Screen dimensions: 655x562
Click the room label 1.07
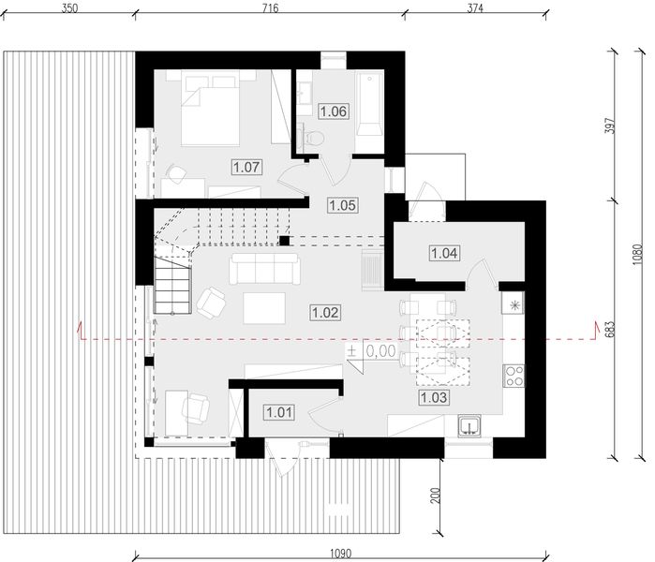246,168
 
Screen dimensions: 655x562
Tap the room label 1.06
334,111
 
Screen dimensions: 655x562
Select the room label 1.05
342,205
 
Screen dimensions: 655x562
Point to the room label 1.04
444,253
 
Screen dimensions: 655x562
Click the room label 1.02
325,312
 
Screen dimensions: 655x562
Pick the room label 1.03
434,397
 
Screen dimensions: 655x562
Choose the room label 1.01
279,412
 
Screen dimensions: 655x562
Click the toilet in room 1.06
312,138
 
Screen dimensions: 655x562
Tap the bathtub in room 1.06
369,104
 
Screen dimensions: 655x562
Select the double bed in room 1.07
211,108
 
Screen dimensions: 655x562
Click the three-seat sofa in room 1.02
264,269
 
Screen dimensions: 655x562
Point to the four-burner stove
514,376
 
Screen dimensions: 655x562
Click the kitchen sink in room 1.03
469,426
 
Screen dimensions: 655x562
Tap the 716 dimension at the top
270,7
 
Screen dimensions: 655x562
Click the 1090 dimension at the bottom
341,554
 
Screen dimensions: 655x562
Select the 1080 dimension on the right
636,255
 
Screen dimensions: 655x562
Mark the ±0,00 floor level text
372,351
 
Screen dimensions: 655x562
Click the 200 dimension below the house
436,495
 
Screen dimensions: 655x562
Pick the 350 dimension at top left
69,7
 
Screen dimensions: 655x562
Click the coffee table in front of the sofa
264,308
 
